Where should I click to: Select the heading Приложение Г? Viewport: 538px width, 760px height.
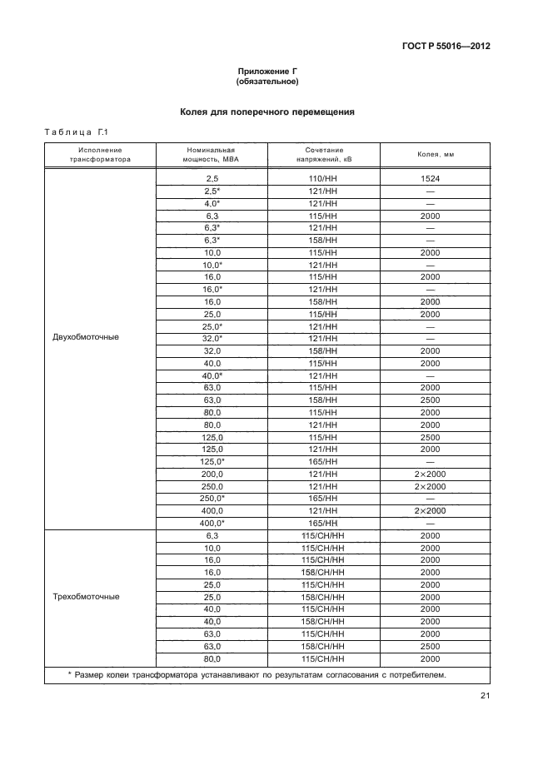pyautogui.click(x=268, y=72)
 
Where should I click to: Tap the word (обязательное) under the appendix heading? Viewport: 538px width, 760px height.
pyautogui.click(x=268, y=82)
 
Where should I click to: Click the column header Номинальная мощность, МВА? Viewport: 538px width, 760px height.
pyautogui.click(x=212, y=155)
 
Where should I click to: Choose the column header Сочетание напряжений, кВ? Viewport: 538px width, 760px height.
pyautogui.click(x=323, y=155)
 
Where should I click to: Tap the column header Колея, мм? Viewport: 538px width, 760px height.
pyautogui.click(x=435, y=155)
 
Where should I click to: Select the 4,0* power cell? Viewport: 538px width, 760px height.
pyautogui.click(x=212, y=203)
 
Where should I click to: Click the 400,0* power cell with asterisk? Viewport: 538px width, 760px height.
pyautogui.click(x=212, y=522)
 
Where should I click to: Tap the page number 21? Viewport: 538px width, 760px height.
pyautogui.click(x=485, y=697)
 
